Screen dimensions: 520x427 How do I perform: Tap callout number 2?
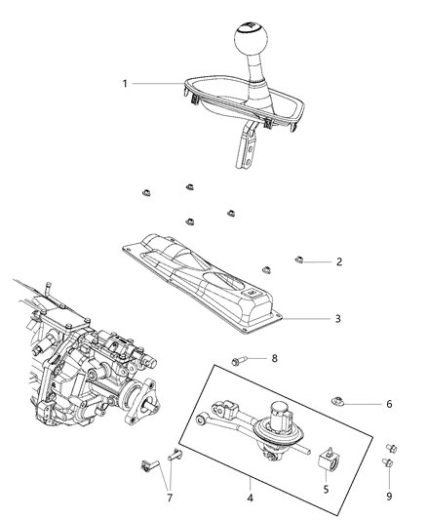pyautogui.click(x=338, y=261)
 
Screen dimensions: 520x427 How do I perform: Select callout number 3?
pyautogui.click(x=338, y=318)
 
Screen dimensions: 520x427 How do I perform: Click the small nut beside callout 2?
pyautogui.click(x=301, y=259)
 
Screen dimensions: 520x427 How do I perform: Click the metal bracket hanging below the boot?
pyautogui.click(x=245, y=146)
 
